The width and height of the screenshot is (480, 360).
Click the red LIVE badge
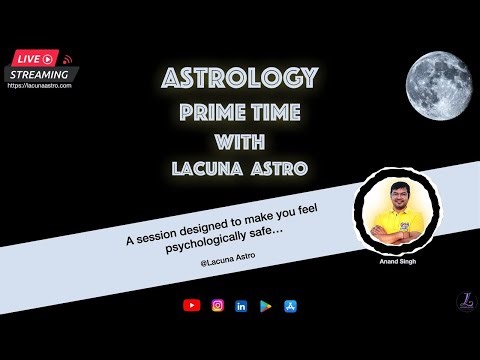point(32,59)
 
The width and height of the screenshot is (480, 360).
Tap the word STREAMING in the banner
point(39,74)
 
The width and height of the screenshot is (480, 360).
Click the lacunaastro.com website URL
point(39,86)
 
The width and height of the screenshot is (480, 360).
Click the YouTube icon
point(191,305)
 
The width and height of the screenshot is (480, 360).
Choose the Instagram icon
point(216,305)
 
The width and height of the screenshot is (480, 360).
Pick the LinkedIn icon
point(241,305)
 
